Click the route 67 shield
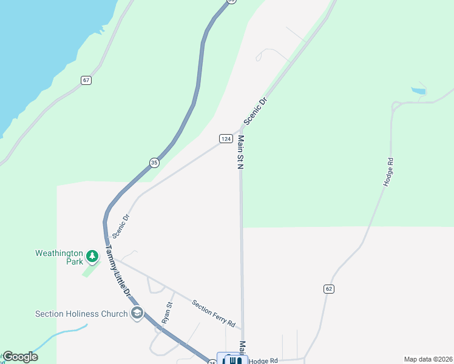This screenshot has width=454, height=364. pyautogui.click(x=86, y=80)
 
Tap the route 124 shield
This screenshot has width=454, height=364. pyautogui.click(x=225, y=139)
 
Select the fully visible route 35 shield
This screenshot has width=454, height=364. pyautogui.click(x=154, y=162)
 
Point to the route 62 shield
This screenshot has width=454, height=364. pyautogui.click(x=329, y=289)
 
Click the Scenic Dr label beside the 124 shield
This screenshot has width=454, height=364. pyautogui.click(x=256, y=111)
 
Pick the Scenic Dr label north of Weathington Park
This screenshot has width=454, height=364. pyautogui.click(x=121, y=225)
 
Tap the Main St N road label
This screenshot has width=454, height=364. pyautogui.click(x=240, y=152)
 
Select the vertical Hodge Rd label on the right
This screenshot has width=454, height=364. pyautogui.click(x=390, y=171)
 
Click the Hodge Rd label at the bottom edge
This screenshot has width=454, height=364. pyautogui.click(x=262, y=360)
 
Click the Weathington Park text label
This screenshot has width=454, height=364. pyautogui.click(x=59, y=257)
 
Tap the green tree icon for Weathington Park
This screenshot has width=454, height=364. pyautogui.click(x=92, y=257)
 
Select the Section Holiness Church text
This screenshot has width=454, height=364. pyautogui.click(x=81, y=314)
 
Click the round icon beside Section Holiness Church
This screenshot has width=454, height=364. pyautogui.click(x=138, y=313)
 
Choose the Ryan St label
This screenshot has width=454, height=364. pyautogui.click(x=167, y=312)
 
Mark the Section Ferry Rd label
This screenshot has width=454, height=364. pyautogui.click(x=213, y=314)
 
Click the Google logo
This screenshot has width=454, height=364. pyautogui.click(x=20, y=357)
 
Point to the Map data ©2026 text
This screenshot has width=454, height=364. pyautogui.click(x=427, y=359)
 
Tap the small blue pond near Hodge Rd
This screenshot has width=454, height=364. pyautogui.click(x=418, y=91)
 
